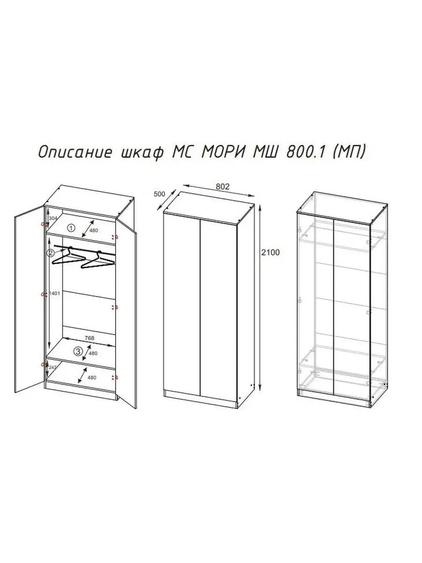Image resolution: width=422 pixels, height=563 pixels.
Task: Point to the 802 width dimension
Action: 222,186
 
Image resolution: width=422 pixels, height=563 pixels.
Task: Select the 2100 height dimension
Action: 271,252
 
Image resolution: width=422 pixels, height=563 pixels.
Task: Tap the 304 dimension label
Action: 53,218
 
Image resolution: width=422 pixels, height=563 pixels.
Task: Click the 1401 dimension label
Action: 55,294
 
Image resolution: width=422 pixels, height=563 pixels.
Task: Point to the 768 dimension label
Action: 89,338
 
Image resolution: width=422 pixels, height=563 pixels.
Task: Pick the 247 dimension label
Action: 53,368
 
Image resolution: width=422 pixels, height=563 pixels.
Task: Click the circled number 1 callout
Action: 71,228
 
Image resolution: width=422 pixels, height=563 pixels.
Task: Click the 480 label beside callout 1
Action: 94,230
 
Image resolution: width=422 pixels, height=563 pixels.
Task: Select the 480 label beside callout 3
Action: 93,353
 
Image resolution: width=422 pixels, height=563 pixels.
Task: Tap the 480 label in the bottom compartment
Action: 92,377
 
